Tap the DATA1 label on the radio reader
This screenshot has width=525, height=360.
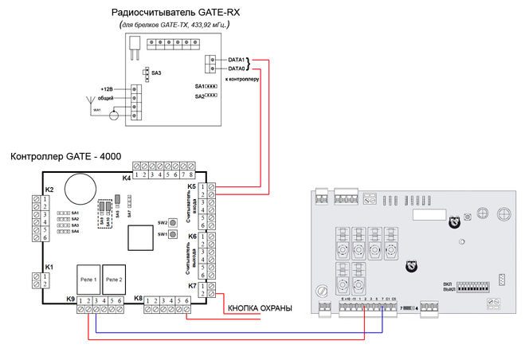(237, 60)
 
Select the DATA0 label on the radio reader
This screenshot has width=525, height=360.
(237, 68)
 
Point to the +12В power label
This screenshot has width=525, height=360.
(107, 88)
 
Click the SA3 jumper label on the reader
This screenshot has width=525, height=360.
(156, 72)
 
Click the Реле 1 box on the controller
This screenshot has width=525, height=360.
(88, 280)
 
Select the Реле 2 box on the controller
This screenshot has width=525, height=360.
(115, 280)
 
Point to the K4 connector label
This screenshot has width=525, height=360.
(127, 178)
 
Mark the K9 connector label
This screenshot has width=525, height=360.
(71, 299)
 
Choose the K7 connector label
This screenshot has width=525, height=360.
(191, 285)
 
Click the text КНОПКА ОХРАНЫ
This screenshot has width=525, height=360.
(260, 307)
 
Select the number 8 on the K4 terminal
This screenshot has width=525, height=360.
(192, 174)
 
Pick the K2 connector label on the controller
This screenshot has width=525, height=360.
(49, 190)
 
